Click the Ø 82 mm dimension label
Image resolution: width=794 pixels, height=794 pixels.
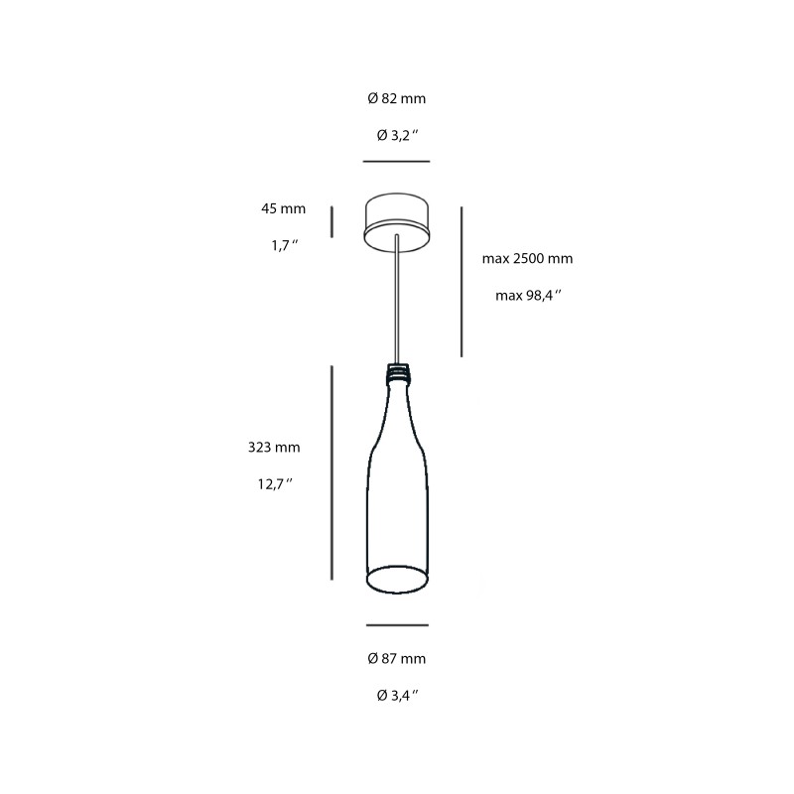(x=396, y=99)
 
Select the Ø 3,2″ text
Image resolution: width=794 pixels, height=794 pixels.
(x=396, y=135)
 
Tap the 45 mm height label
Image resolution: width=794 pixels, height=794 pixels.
(x=284, y=209)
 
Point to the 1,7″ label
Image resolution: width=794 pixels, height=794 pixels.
(x=285, y=245)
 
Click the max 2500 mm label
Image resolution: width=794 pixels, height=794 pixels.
(x=527, y=259)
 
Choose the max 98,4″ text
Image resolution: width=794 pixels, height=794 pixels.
(x=528, y=295)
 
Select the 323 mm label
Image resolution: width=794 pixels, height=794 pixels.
(x=274, y=448)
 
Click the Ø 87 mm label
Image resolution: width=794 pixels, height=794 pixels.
(x=396, y=658)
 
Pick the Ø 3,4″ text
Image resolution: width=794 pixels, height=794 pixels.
(x=396, y=695)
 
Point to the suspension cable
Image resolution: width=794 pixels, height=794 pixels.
(x=396, y=298)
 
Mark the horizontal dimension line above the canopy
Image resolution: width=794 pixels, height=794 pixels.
(x=396, y=161)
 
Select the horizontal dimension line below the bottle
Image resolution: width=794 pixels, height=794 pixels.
(x=396, y=625)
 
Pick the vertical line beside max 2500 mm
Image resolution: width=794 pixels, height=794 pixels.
(x=462, y=281)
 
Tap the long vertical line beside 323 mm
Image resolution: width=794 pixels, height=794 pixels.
(x=331, y=472)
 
